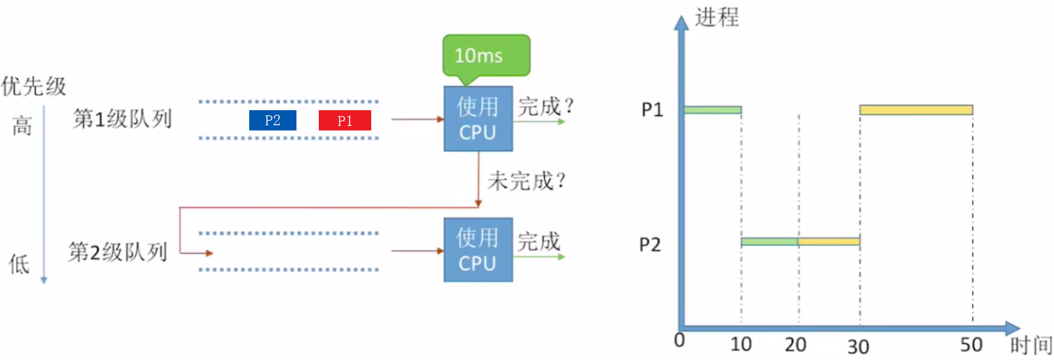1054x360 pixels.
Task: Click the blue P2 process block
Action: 272,121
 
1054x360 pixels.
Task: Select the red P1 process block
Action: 344,121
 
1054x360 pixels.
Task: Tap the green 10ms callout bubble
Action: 486,56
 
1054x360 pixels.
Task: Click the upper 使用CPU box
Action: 477,119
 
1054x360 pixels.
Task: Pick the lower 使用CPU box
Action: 477,250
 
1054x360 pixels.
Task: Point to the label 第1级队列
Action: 122,119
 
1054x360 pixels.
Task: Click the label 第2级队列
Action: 118,252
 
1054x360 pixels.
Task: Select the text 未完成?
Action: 526,180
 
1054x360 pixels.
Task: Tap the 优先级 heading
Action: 33,86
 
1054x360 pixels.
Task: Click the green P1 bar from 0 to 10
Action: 712,110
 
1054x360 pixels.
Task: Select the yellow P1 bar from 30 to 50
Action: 916,110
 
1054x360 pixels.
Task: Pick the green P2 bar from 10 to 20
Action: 769,242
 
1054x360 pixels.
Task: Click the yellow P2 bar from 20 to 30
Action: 828,242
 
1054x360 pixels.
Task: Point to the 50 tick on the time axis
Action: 971,345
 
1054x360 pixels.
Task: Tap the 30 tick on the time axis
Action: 858,346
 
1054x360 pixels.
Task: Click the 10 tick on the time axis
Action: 741,344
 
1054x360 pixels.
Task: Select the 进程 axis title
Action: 717,17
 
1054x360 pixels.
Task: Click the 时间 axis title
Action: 1030,345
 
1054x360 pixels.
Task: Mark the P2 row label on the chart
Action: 650,245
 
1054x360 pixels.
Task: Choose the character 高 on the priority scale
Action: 22,125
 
